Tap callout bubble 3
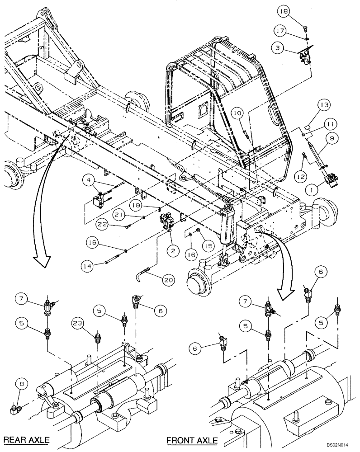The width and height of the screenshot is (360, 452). click(277, 47)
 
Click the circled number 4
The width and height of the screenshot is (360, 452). click(90, 182)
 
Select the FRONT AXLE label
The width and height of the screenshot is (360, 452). click(192, 440)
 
